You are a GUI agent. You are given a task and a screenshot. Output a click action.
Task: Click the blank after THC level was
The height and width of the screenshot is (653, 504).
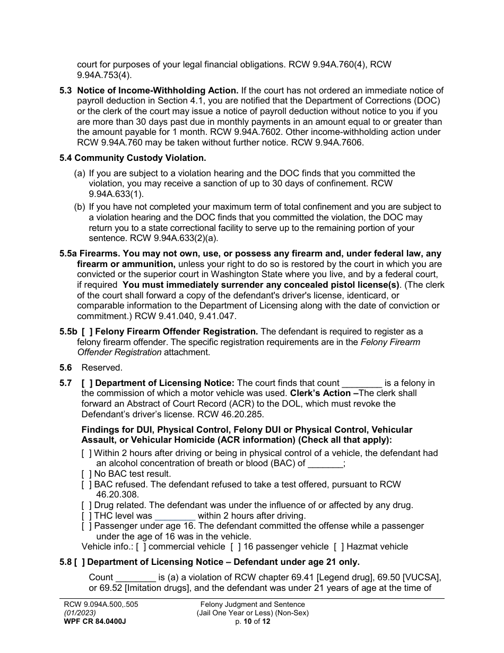[175, 515]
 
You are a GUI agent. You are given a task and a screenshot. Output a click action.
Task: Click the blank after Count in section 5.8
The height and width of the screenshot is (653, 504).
[135, 577]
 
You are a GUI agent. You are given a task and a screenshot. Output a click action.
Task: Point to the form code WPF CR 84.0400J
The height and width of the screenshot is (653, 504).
[94, 621]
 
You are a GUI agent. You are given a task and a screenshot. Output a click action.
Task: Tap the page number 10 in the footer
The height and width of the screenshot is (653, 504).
[247, 621]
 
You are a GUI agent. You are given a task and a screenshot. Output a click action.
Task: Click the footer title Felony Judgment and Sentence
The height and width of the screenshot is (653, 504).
[252, 604]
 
